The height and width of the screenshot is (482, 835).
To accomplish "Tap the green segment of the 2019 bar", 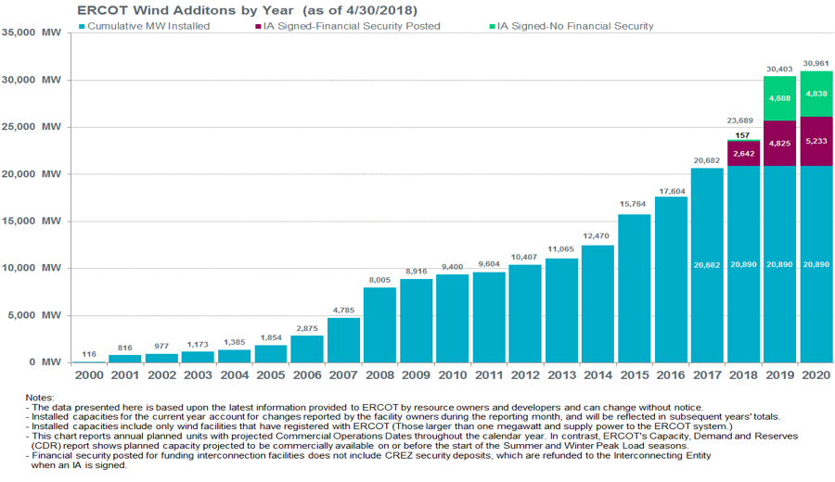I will click(780, 98).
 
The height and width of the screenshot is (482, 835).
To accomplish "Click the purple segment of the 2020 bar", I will click(816, 141).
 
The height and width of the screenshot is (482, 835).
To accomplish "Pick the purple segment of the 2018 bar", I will click(743, 154).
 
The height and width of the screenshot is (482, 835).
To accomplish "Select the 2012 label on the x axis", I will click(525, 374).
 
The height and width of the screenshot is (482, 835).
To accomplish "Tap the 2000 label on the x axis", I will click(89, 374).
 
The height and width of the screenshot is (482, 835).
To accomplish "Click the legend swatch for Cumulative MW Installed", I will click(82, 26).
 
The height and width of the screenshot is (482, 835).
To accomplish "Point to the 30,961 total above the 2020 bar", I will click(816, 63).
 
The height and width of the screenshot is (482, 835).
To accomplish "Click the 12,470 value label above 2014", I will click(597, 236).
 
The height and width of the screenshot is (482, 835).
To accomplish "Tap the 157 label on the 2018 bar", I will click(743, 134).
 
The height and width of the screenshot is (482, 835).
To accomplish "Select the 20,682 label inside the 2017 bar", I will click(707, 265).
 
